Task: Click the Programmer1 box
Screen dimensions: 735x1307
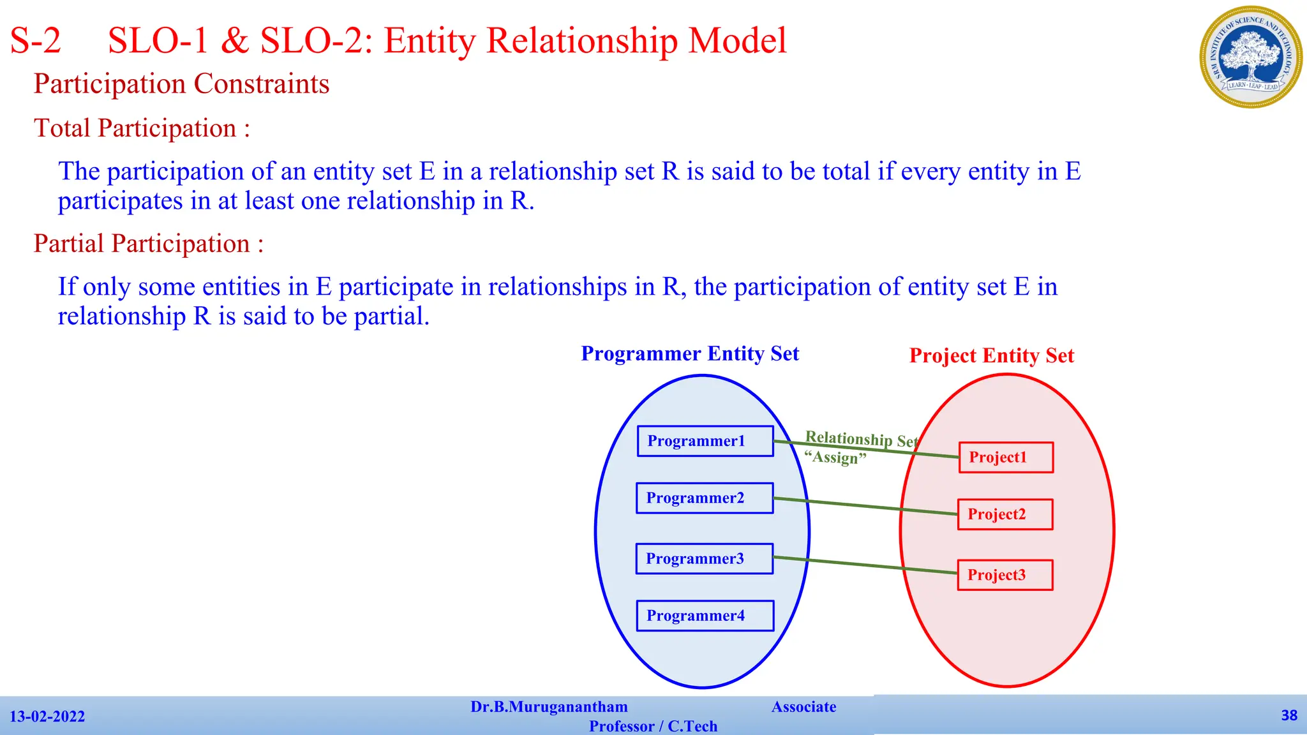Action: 705,441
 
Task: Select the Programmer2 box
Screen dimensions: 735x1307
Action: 705,498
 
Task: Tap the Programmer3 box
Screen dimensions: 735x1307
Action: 705,558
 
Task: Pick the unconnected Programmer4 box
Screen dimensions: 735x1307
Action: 705,616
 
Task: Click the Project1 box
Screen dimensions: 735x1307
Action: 1006,457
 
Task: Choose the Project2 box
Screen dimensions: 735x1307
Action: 1005,514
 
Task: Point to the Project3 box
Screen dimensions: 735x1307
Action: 1005,575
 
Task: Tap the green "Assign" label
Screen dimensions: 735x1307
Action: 835,457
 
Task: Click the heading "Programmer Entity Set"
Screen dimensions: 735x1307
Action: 690,353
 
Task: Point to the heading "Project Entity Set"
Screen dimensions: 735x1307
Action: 992,355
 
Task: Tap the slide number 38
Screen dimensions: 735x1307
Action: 1289,715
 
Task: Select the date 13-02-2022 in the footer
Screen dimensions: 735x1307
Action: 47,716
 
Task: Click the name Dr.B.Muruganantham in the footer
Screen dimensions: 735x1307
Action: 549,707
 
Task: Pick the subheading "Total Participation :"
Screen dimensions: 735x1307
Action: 142,128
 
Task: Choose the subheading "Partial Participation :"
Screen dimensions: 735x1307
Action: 148,244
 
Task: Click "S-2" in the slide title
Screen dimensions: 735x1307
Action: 36,41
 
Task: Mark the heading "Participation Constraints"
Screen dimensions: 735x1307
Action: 181,84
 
